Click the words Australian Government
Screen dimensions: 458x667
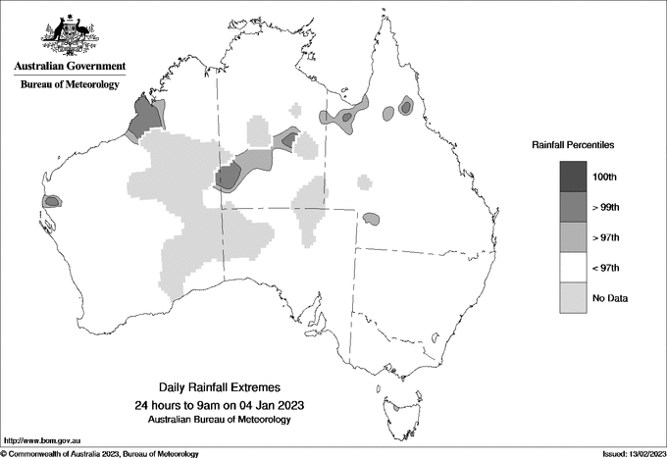coord(70,67)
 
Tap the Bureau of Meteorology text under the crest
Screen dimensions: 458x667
coord(70,85)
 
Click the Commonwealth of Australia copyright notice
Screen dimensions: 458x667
coord(100,453)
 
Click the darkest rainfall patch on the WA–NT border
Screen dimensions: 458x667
coord(228,178)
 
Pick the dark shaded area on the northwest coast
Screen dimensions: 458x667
coord(144,117)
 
